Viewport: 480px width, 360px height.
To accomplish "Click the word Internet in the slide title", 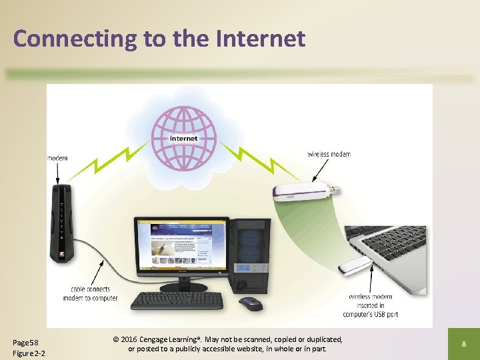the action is pos(260,39).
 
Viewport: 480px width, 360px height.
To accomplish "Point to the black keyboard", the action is pos(177,301).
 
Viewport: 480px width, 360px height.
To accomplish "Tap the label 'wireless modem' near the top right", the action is pos(329,154).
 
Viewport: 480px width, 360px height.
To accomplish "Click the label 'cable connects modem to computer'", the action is pos(90,293).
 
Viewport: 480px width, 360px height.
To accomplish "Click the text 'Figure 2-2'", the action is pos(29,353).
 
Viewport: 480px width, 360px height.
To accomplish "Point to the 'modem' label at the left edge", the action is pos(57,158).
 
